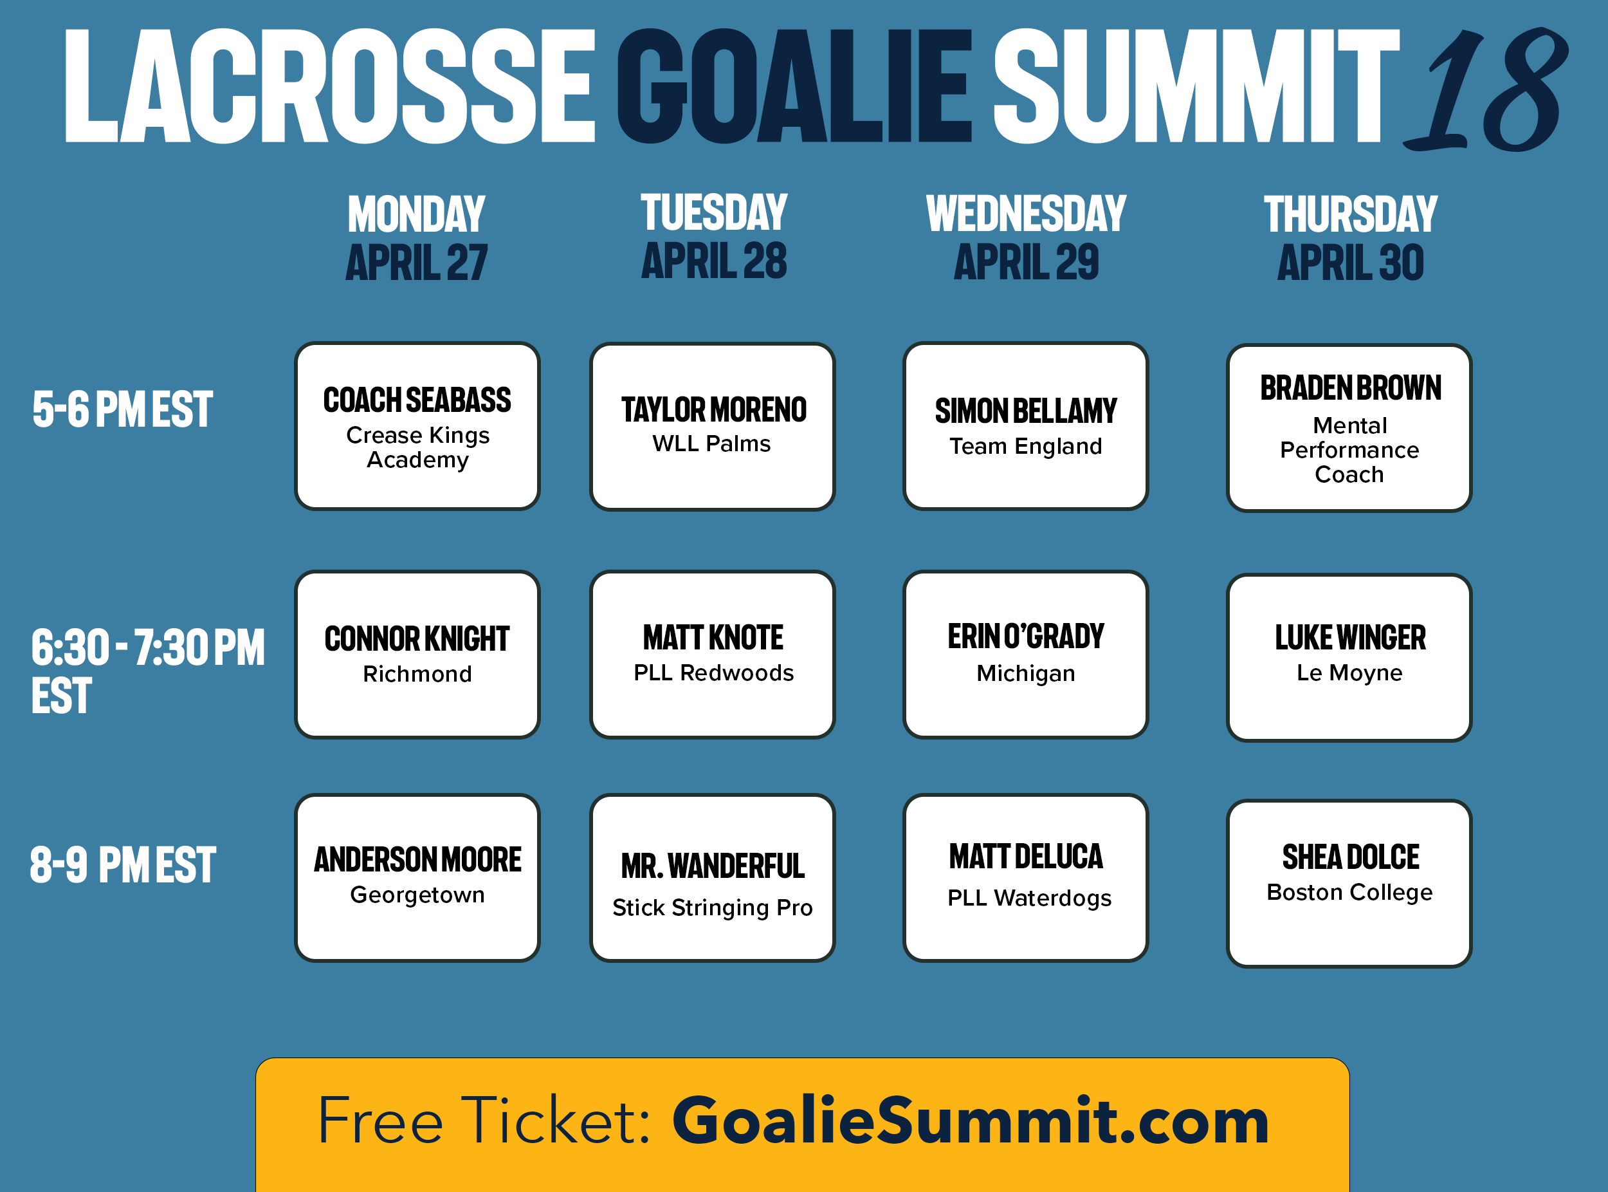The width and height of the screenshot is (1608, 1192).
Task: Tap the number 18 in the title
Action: pos(1485,89)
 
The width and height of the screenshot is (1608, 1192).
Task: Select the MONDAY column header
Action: pos(417,214)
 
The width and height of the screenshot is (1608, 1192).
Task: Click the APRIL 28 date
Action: pos(714,261)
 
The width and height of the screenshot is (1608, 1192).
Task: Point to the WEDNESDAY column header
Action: pos(1026,214)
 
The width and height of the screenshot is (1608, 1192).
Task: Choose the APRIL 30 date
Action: pos(1351,263)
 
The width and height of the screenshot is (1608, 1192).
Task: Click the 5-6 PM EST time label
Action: pos(123,409)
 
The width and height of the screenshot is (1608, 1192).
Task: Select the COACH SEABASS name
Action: pos(417,400)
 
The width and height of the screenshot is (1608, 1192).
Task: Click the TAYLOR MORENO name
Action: pos(714,410)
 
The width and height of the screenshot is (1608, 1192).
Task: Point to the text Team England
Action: pos(1025,447)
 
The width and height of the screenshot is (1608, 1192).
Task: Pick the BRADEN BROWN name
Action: pos(1351,388)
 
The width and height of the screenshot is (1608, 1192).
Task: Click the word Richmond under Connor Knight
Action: pos(417,674)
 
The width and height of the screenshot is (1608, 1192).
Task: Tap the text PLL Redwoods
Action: pos(713,673)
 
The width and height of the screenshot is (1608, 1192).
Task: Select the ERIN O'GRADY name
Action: pos(1025,637)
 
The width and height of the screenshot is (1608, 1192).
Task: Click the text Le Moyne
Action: pos(1349,673)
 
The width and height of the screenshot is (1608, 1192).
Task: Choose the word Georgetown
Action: pos(417,895)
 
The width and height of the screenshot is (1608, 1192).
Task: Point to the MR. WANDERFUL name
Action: pos(713,866)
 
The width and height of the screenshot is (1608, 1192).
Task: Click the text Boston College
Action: pos(1349,893)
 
